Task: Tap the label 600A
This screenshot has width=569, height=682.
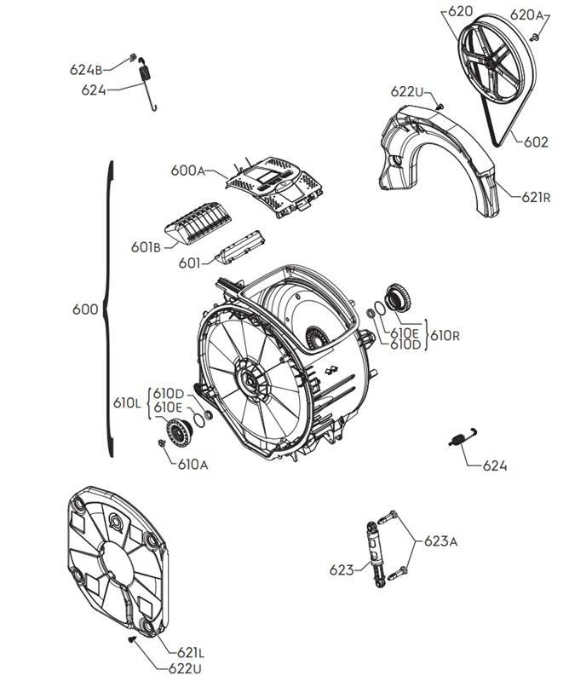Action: (188, 170)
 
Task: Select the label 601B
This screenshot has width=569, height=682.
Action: (146, 247)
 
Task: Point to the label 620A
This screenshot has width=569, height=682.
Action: (527, 14)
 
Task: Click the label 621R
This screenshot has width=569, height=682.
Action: (538, 197)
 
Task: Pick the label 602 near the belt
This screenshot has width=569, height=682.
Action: (535, 142)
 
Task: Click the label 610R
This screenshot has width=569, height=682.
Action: (445, 335)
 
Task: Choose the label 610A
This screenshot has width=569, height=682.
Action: (192, 465)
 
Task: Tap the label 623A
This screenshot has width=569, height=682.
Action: (441, 540)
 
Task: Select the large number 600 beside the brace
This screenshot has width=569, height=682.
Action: (85, 309)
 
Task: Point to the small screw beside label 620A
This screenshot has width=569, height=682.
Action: (535, 36)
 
